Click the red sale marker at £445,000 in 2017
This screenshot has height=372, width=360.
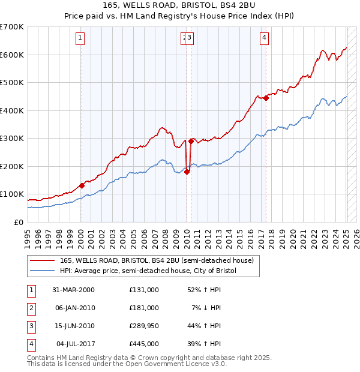(266, 98)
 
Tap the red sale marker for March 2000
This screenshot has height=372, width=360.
(82, 185)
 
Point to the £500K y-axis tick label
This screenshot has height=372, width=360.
(12, 83)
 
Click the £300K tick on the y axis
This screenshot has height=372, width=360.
(12, 139)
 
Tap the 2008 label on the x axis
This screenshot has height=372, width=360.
(165, 235)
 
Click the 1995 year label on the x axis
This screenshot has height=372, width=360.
(28, 235)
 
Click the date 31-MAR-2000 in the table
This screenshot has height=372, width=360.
(74, 290)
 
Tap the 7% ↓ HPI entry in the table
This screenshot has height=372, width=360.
(206, 308)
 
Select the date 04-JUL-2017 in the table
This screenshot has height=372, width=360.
(74, 344)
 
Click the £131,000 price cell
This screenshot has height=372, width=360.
(143, 290)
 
